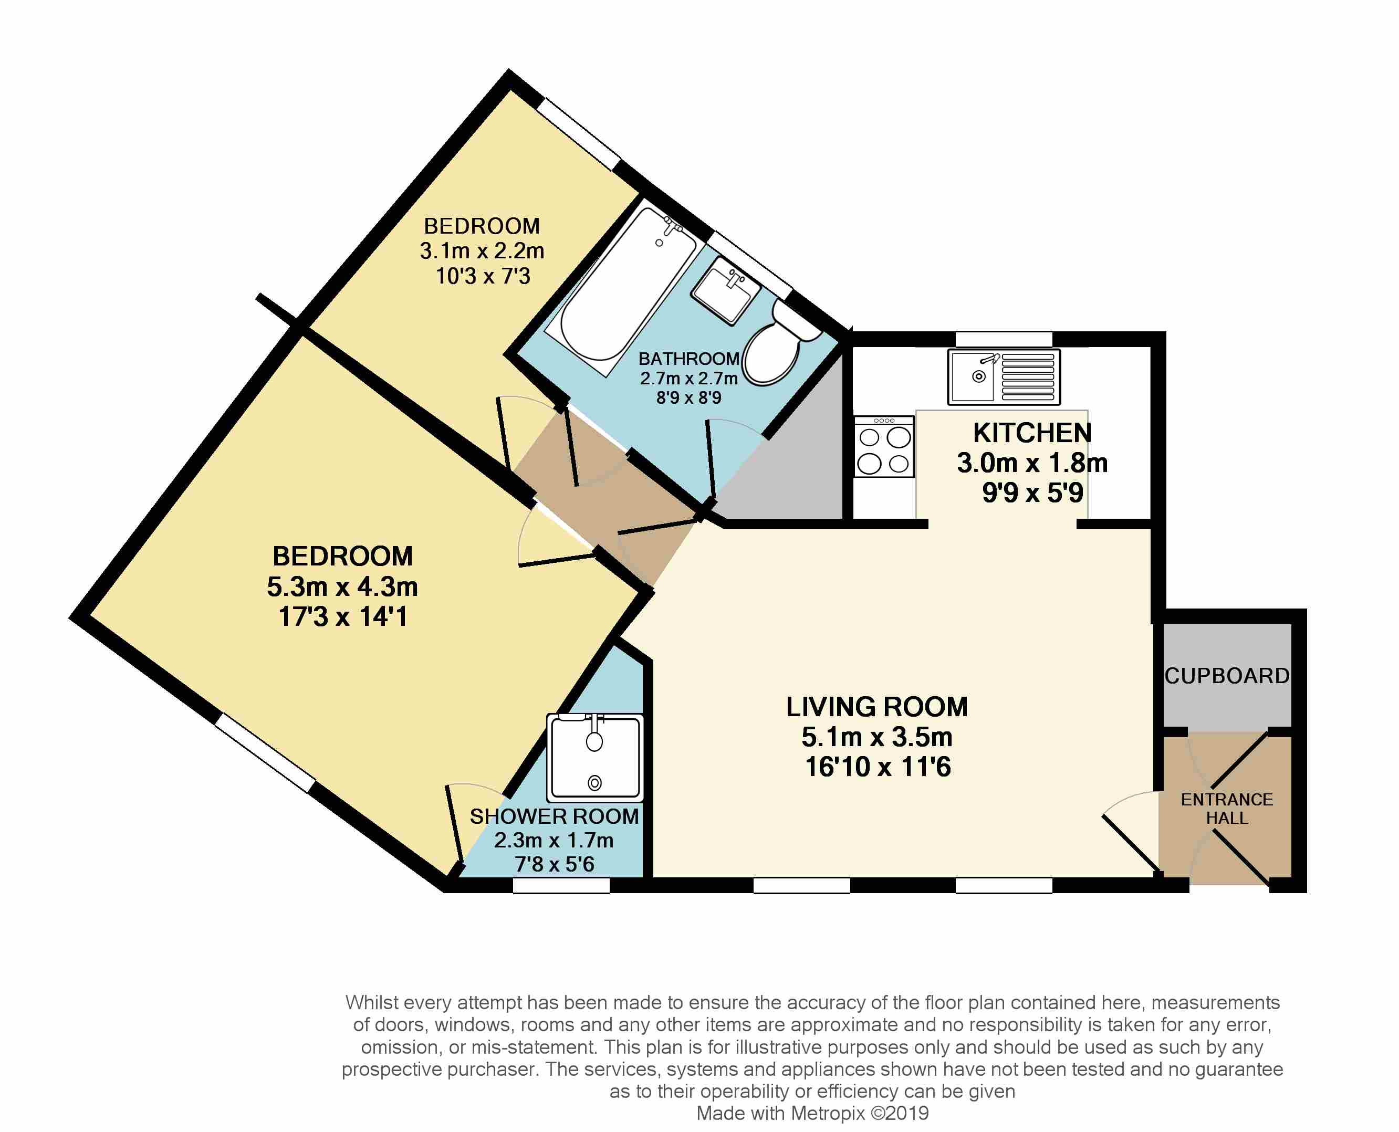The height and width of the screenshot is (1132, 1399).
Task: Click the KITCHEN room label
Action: click(1032, 433)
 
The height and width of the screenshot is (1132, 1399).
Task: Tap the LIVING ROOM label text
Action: click(876, 707)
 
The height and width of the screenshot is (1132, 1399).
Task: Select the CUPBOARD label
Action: click(1227, 676)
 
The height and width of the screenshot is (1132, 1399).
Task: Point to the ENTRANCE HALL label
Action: click(1227, 809)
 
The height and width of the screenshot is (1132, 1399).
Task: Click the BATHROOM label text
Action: click(689, 359)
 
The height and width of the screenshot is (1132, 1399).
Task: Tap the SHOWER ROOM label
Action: click(555, 816)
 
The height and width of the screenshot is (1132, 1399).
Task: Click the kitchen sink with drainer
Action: click(1004, 377)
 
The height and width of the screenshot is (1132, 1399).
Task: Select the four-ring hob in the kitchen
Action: click(884, 447)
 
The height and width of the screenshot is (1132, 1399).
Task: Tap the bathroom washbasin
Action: click(725, 291)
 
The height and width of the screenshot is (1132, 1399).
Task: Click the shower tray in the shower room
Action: click(595, 758)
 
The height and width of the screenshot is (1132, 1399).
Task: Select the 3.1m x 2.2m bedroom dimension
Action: click(482, 250)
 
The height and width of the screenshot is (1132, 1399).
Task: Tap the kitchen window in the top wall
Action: click(1004, 339)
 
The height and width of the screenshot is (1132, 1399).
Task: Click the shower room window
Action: click(561, 885)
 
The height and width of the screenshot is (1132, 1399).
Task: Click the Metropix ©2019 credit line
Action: click(812, 1113)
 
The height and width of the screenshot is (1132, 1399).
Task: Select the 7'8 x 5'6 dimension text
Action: click(555, 865)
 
